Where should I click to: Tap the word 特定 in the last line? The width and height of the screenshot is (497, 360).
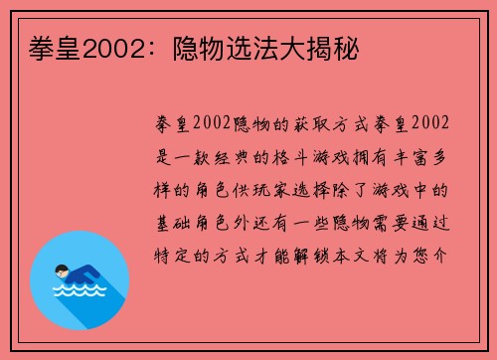click(x=174, y=255)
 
